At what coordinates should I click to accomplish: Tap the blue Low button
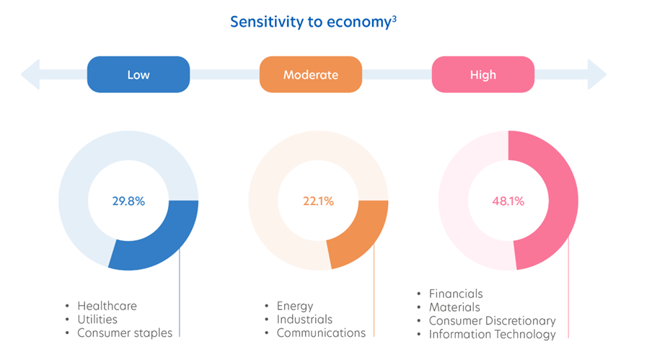pyautogui.click(x=138, y=74)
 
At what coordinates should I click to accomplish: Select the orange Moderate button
pyautogui.click(x=311, y=74)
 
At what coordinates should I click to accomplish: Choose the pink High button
pyautogui.click(x=483, y=74)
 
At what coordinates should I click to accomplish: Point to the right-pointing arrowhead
pyautogui.click(x=596, y=74)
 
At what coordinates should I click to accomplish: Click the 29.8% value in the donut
pyautogui.click(x=128, y=201)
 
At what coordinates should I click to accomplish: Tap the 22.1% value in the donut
pyautogui.click(x=317, y=201)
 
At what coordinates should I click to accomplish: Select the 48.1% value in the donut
pyautogui.click(x=508, y=201)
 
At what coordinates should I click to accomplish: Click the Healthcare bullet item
pyautogui.click(x=107, y=306)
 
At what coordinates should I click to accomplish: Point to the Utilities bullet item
pyautogui.click(x=97, y=319)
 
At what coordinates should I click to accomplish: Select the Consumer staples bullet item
pyautogui.click(x=125, y=333)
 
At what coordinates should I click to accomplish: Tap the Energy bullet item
pyautogui.click(x=295, y=306)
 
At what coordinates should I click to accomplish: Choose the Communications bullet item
pyautogui.click(x=321, y=333)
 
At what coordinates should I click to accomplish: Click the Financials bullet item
pyautogui.click(x=456, y=294)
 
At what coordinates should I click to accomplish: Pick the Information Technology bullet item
pyautogui.click(x=493, y=334)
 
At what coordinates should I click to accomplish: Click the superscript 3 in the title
pyautogui.click(x=395, y=17)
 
